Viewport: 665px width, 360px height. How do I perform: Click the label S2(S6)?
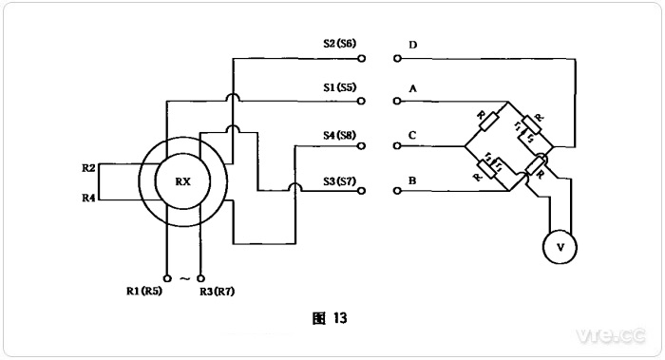tap(339, 45)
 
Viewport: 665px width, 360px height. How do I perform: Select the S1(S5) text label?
tap(339, 87)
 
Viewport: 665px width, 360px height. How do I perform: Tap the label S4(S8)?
tap(339, 133)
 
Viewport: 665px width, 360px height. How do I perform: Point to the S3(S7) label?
tap(339, 179)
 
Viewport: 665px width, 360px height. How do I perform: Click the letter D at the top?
tap(412, 45)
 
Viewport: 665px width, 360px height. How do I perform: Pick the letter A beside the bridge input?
tap(412, 88)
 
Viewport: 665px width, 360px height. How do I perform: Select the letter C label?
tap(412, 134)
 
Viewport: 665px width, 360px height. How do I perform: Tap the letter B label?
tap(412, 179)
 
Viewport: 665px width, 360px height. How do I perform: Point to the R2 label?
tap(89, 167)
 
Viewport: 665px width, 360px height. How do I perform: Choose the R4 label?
tap(89, 198)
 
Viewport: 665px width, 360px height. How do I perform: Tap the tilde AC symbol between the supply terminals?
tap(183, 277)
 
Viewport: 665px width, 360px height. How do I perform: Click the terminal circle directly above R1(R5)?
tap(166, 277)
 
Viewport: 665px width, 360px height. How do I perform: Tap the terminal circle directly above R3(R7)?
tap(200, 277)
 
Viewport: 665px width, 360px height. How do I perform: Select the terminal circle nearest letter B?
tap(395, 191)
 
